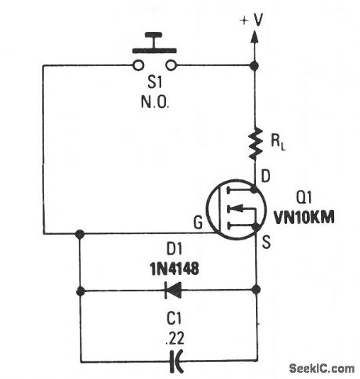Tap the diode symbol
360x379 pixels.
pos(169,291)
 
